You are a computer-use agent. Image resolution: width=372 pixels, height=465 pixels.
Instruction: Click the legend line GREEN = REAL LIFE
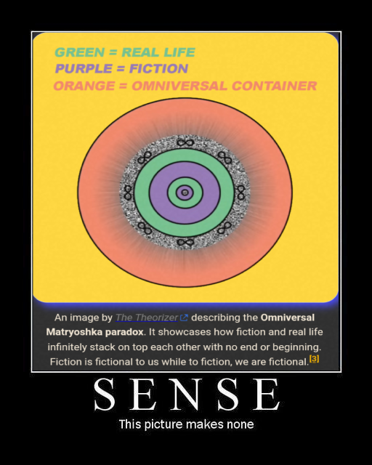pos(125,52)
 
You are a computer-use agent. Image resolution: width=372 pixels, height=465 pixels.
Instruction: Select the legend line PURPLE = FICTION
pos(121,68)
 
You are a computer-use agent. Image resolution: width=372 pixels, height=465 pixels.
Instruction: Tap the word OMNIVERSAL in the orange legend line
pos(179,86)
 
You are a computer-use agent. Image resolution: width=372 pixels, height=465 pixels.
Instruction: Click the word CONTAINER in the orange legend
pos(275,86)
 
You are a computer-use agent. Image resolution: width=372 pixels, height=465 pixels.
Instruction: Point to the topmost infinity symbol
pos(185,143)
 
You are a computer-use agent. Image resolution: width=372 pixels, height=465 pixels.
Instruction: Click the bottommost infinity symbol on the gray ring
pos(185,242)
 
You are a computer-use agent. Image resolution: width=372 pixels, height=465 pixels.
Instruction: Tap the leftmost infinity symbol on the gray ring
pos(128,193)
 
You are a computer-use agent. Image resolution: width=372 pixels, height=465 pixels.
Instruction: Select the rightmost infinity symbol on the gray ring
pos(241,193)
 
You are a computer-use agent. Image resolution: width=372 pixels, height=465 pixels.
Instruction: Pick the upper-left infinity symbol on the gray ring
pos(145,158)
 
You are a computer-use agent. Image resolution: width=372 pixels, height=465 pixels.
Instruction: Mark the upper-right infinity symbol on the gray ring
pos(225,158)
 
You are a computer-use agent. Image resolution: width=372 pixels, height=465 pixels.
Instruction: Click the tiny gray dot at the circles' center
pos(185,193)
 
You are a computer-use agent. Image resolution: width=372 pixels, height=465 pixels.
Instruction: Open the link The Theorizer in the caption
pos(147,318)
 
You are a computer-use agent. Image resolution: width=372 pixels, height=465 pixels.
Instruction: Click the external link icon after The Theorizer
pos(184,318)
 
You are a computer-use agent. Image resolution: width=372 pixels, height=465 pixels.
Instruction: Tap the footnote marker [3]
pos(314,359)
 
